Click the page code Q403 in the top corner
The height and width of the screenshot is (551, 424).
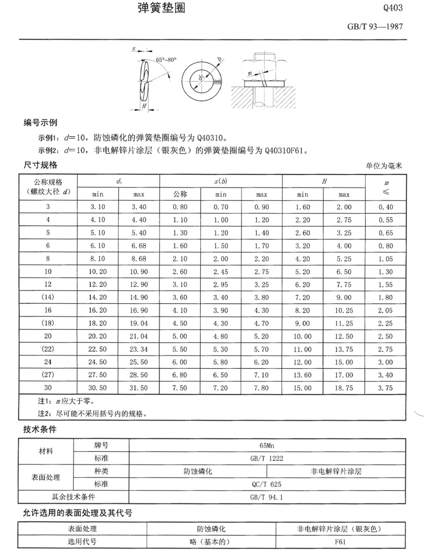coord(393,8)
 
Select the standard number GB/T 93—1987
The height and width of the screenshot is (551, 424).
coord(375,27)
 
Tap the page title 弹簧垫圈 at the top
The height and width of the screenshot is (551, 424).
coord(162,8)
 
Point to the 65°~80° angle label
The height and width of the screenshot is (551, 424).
coord(166,60)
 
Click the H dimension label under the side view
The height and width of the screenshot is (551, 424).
coord(144,106)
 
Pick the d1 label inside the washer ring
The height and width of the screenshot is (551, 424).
coord(201,78)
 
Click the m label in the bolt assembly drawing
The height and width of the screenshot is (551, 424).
coord(250,73)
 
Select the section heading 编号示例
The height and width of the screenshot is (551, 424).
coord(40,123)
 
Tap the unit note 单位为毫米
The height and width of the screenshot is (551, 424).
coord(384,166)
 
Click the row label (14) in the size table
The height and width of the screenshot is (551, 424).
coord(48,297)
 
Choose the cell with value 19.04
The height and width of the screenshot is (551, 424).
coord(139,323)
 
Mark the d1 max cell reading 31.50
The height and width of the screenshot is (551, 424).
coord(139,388)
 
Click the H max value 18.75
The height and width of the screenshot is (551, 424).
coord(344,388)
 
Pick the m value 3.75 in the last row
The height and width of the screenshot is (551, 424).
coord(385,388)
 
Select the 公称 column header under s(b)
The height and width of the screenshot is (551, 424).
coord(180,194)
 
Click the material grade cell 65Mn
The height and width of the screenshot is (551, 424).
coord(267,446)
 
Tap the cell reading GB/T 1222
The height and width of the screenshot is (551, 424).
coord(267,458)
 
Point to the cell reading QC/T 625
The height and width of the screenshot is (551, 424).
coord(267,484)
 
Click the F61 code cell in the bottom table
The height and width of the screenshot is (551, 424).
coord(340,542)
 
